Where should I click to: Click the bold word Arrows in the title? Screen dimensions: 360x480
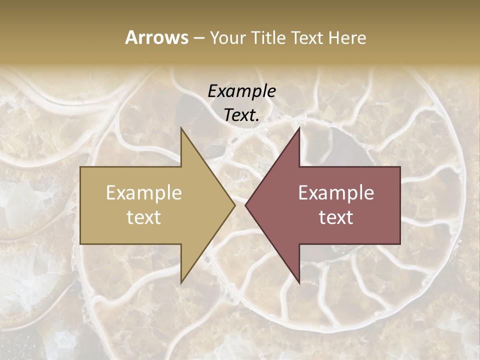(156, 37)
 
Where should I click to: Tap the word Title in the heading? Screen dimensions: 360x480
(269, 37)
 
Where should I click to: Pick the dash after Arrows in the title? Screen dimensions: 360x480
(198, 38)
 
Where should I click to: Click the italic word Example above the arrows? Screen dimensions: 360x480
(242, 91)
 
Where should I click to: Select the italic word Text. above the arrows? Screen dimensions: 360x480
(242, 115)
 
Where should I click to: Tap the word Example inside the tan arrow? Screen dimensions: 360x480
(144, 193)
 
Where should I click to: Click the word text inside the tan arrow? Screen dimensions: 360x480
(144, 217)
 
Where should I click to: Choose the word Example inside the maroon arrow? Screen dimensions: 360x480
(336, 193)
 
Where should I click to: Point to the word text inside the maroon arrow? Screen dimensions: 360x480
(336, 217)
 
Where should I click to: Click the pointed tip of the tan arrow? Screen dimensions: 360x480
(235, 205)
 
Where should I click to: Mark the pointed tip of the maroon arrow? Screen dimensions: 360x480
(245, 205)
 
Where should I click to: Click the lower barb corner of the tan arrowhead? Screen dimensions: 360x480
(181, 283)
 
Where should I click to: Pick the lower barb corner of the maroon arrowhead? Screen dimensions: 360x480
(299, 283)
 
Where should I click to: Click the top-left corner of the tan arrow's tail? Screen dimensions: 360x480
(80, 167)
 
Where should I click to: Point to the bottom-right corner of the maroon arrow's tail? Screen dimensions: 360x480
(400, 244)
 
